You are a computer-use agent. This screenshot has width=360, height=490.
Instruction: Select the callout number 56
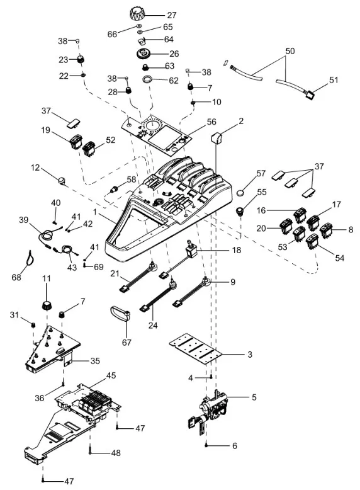[x=211, y=122]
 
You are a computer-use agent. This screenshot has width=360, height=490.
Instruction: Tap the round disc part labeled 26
[x=145, y=53]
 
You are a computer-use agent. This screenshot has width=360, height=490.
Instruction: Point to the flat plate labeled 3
[x=196, y=348]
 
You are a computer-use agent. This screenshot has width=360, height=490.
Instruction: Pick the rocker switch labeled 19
[x=75, y=141]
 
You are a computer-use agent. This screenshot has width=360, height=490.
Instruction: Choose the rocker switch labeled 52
[x=89, y=149]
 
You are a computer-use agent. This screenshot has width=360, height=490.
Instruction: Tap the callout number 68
[x=16, y=276]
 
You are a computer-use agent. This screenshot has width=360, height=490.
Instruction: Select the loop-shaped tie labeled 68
[x=30, y=258]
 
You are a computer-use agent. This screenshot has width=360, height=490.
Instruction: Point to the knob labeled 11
[x=47, y=305]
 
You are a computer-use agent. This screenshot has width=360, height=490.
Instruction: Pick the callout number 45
[x=111, y=375]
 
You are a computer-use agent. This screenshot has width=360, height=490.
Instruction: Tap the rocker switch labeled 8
[x=326, y=231]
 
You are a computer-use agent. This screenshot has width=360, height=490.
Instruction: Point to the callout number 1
[x=95, y=212]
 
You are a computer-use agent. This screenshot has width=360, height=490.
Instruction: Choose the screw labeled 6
[x=206, y=445]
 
